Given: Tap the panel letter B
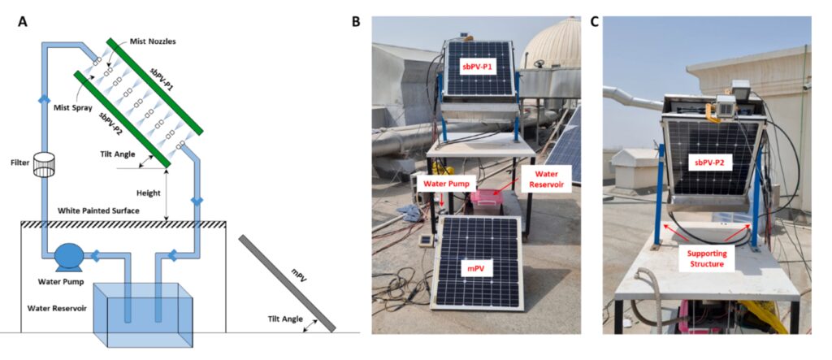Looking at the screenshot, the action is [x=356, y=22].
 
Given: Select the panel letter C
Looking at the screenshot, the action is [x=595, y=22].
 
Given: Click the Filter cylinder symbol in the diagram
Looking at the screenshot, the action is [x=45, y=165].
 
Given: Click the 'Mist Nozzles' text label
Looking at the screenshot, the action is [x=154, y=41].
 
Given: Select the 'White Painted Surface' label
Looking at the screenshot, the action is [x=102, y=210].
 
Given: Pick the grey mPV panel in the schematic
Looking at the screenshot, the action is [x=287, y=284].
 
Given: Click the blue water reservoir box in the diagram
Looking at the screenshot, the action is [x=143, y=314].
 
